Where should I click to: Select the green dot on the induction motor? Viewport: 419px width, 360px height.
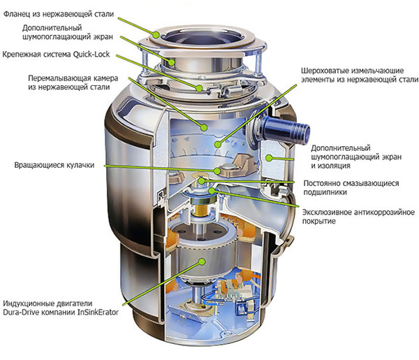coord(202,261)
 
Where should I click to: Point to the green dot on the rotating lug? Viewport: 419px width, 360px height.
coord(218,169)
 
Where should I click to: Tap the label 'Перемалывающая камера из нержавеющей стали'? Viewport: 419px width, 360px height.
coord(70,82)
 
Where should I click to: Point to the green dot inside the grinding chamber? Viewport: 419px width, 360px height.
coord(203,127)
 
